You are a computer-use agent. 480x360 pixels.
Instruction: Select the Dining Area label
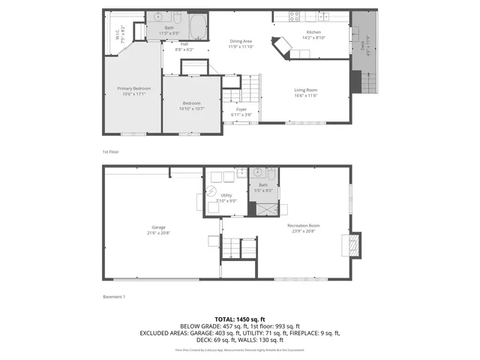pyautogui.click(x=240, y=43)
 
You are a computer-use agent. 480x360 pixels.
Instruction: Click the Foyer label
pyautogui.click(x=241, y=111)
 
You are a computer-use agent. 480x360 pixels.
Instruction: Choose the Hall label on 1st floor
pyautogui.click(x=184, y=46)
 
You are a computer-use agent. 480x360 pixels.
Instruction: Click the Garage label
pyautogui.click(x=158, y=229)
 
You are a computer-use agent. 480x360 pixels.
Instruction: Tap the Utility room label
pyautogui.click(x=226, y=197)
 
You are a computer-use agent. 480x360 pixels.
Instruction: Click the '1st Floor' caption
pyautogui.click(x=110, y=151)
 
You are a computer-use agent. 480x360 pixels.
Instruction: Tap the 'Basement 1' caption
pyautogui.click(x=113, y=297)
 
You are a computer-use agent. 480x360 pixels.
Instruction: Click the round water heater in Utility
pyautogui.click(x=211, y=192)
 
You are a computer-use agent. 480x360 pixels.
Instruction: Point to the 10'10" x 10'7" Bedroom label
pyautogui.click(x=192, y=106)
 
